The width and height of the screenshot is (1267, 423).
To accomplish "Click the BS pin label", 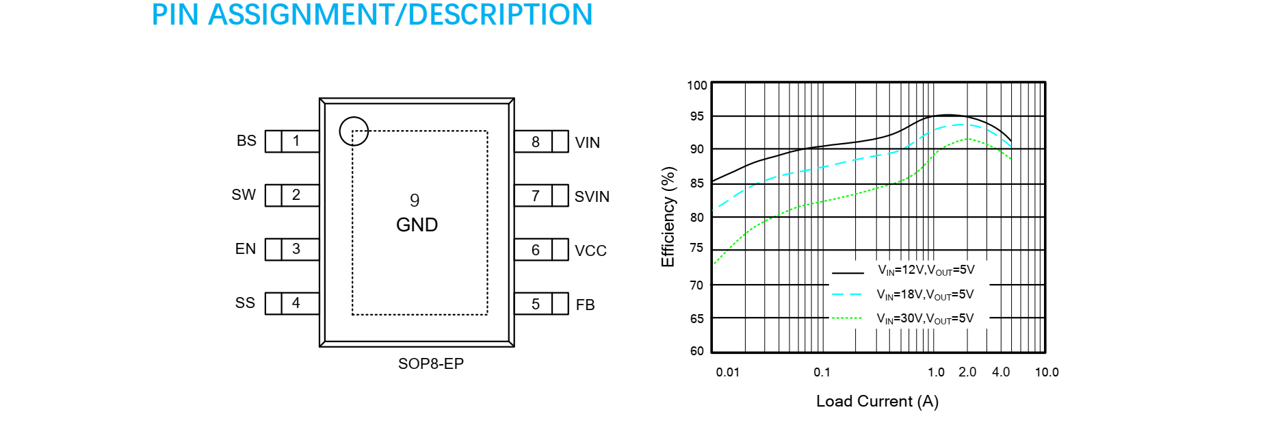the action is point(246,140).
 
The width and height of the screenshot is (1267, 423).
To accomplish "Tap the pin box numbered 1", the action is point(292,141).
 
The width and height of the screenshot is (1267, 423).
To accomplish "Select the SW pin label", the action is point(244,194).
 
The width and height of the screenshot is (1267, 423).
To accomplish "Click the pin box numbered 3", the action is point(292,249).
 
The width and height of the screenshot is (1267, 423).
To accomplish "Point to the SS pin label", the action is point(245,303).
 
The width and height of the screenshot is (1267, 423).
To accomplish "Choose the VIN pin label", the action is point(588,142).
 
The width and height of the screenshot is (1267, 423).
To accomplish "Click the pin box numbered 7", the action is point(541,196).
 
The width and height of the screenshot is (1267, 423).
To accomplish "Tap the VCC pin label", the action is point(590,251).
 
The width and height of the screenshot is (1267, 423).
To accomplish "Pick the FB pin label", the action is point(585,305).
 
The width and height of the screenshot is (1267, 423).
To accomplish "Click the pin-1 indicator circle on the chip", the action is point(354,131).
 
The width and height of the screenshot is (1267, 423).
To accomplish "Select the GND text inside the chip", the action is point(417,225).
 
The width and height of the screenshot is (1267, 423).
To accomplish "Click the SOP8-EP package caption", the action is point(431,363).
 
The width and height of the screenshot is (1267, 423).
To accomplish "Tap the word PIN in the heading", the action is point(174,14).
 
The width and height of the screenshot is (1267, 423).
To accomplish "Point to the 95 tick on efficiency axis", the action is point(696,116).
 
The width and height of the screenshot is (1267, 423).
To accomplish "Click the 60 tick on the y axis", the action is point(696,351).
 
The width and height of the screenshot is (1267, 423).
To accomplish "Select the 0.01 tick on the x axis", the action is point(728,372).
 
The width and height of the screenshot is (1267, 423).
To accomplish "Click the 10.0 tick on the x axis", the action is point(1047,372).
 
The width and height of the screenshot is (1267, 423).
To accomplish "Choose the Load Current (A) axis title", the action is point(877,401).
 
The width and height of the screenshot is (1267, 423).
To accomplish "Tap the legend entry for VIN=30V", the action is point(902,318).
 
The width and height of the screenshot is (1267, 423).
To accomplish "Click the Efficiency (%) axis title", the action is point(668,216).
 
